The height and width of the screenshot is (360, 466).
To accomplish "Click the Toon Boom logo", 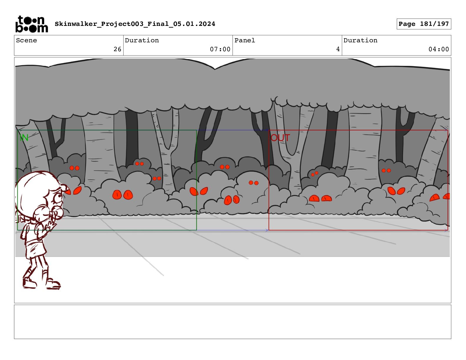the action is point(32,24).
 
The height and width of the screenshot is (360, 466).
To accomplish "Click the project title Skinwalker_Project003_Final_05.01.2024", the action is point(135,24).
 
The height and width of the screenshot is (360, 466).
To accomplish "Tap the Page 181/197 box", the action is point(424,24).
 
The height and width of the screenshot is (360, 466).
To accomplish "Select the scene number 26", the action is point(117,49).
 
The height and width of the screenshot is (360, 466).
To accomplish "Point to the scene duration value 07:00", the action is point(220,49).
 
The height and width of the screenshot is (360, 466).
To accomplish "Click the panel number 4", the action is point(338,49).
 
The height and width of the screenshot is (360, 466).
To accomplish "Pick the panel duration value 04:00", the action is point(439,49).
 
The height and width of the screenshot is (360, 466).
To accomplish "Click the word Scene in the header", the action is point(26,40).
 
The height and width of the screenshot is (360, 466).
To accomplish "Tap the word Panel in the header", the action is point(245,40).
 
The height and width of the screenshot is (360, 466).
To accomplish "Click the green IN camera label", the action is point(24,138).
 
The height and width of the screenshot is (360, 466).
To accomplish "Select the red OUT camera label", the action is point(280,138).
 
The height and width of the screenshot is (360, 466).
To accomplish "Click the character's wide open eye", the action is point(58,197).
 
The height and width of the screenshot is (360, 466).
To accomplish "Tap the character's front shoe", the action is point(54,284).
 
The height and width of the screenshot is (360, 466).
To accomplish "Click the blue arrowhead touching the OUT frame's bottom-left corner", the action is point(267,230).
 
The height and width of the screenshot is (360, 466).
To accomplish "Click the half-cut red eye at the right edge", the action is point(447,196).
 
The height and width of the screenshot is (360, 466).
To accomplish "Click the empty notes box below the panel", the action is point(233,322).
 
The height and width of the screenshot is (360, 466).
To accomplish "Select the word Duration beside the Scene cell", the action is point(142,40).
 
